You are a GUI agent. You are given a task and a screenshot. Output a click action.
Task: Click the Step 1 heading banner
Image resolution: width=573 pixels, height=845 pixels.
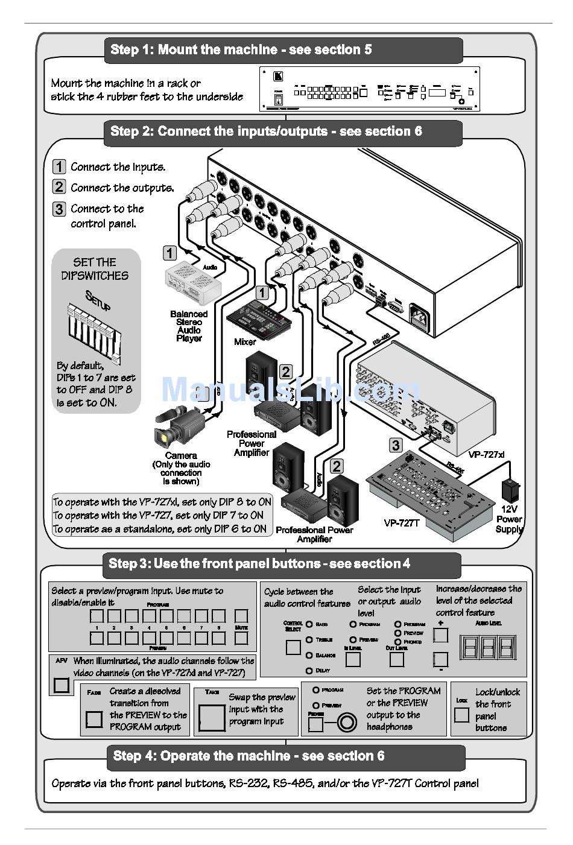tap(283, 50)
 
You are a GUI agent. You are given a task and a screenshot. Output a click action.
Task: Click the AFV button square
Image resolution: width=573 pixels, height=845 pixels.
tap(62, 685)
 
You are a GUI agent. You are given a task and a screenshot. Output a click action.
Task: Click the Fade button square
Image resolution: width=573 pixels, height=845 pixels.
tap(94, 719)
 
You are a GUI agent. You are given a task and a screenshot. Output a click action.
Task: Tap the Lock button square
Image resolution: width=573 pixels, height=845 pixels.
tap(462, 715)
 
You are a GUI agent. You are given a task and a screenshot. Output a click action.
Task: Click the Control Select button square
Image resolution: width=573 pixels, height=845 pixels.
tap(293, 647)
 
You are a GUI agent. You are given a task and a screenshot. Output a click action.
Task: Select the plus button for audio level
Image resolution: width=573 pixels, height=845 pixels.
tap(441, 635)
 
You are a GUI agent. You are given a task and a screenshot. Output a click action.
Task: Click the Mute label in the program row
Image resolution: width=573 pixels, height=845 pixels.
tap(241, 628)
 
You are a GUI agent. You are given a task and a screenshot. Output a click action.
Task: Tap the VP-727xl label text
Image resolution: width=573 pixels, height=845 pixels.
tap(486, 454)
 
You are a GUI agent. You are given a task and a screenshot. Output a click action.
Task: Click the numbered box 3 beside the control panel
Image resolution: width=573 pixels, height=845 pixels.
tap(396, 445)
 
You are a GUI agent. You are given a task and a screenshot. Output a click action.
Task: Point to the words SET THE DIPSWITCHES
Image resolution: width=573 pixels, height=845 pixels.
tap(95, 269)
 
